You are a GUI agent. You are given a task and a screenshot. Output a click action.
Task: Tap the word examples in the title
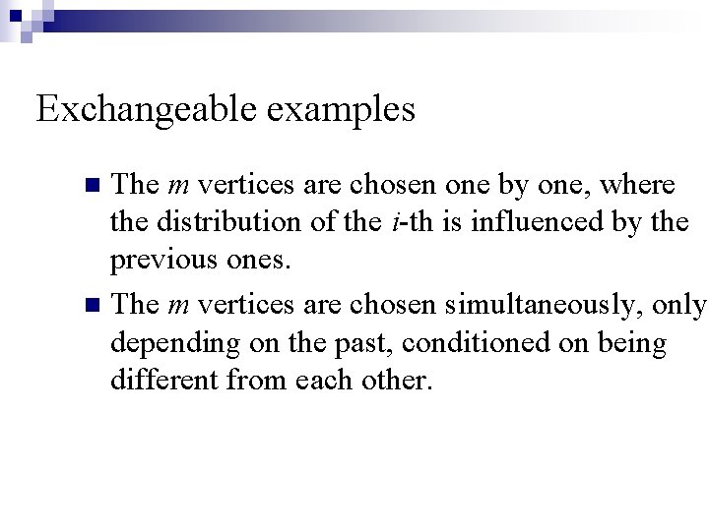(x=340, y=109)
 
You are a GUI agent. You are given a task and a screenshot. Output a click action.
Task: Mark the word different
(x=163, y=382)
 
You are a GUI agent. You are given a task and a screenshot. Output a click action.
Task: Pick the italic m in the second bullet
(x=179, y=306)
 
